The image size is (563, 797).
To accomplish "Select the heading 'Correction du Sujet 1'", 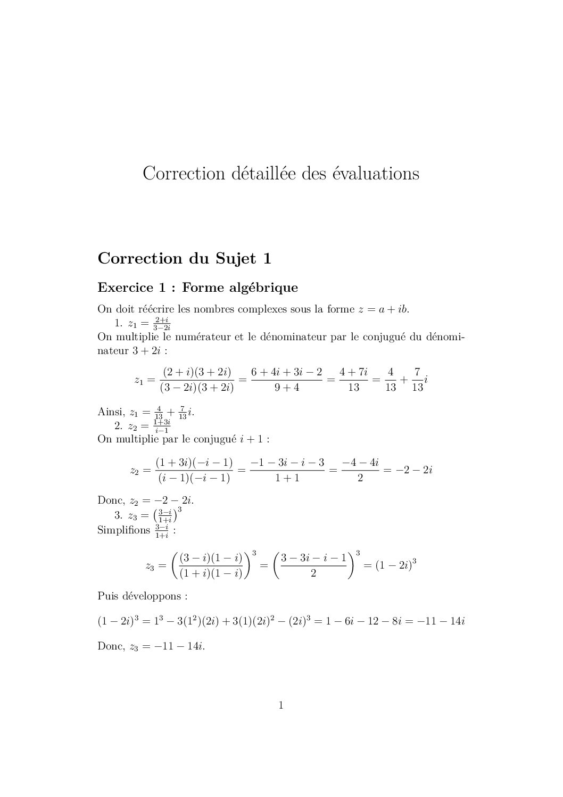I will (185, 259).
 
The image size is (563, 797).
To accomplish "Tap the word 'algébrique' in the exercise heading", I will (266, 288).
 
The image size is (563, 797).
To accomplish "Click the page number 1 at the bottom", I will (281, 706).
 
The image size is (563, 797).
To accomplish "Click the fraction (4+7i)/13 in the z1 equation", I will (354, 380).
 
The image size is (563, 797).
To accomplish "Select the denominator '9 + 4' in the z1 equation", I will (287, 388).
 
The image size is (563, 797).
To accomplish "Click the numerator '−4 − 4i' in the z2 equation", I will (360, 463).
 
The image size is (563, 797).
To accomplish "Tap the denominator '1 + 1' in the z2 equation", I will (287, 478).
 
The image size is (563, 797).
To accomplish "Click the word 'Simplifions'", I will (123, 530).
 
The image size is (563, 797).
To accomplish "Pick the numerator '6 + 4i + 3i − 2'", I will (287, 372).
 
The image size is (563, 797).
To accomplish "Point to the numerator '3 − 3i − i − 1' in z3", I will (313, 558).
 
